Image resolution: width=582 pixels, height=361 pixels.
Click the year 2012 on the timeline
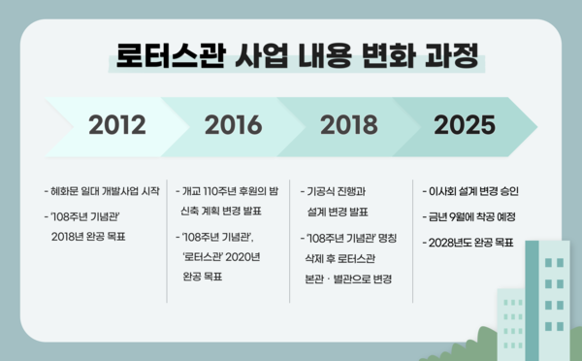pyautogui.click(x=117, y=125)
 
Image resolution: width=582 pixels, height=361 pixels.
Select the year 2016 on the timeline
pyautogui.click(x=233, y=125)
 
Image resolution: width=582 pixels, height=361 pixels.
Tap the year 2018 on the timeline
pyautogui.click(x=348, y=125)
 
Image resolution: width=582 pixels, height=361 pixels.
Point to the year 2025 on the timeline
pyautogui.click(x=465, y=125)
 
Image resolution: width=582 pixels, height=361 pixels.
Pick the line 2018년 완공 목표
pyautogui.click(x=94, y=236)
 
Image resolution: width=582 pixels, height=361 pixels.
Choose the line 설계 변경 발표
pyautogui.click(x=337, y=210)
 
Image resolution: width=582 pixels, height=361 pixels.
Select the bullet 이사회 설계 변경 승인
pyautogui.click(x=471, y=190)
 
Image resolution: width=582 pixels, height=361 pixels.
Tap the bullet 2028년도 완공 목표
pyautogui.click(x=469, y=241)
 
